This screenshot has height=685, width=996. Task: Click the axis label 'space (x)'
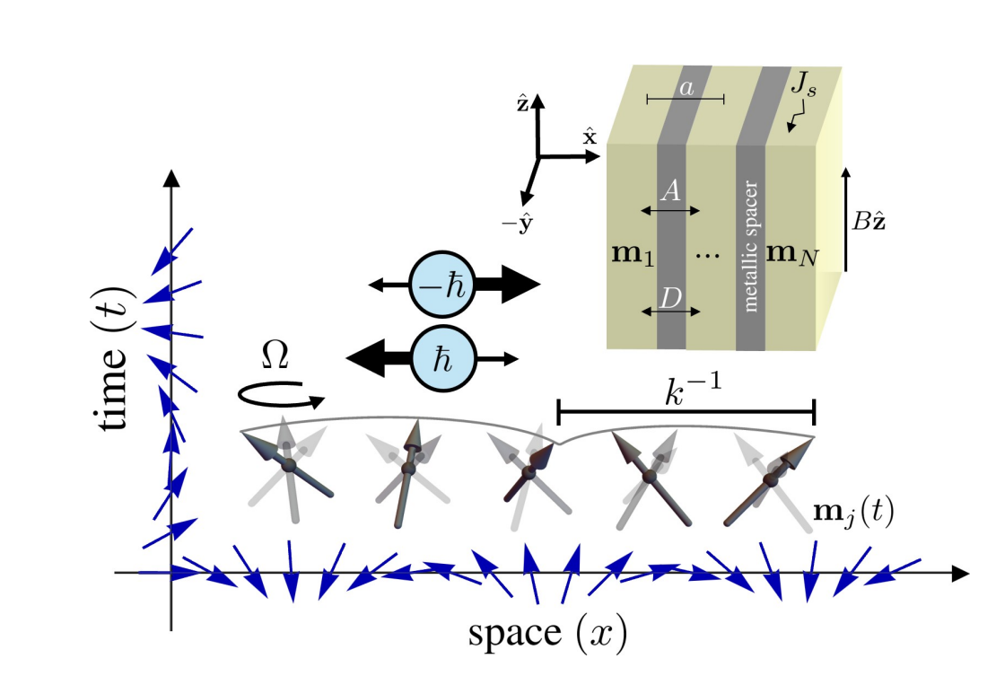point(546,633)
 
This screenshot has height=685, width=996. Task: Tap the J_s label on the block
point(805,89)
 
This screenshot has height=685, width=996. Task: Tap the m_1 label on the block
point(632,254)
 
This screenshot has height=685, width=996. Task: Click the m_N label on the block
point(791,254)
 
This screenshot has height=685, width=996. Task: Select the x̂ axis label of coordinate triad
point(590,136)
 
